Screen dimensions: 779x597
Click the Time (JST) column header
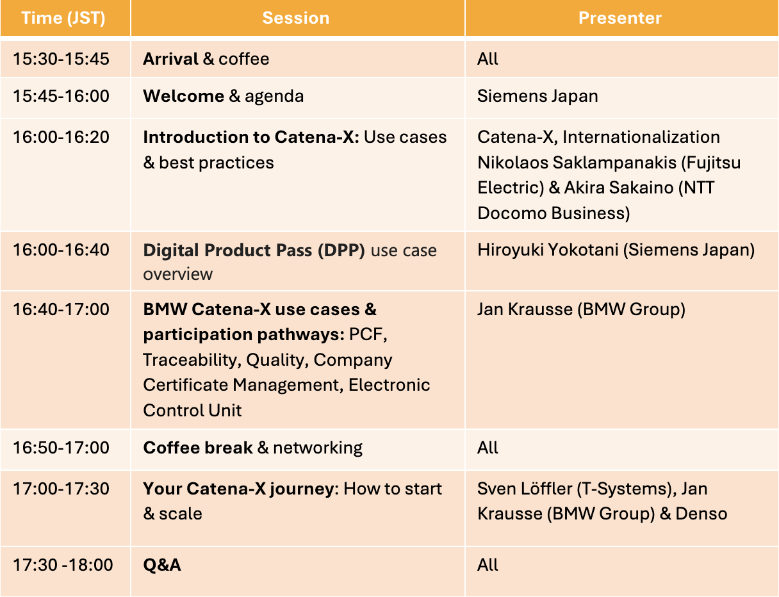[63, 18]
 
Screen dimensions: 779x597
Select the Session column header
[296, 18]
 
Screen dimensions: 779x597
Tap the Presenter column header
[620, 18]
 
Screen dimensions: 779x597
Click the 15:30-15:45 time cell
[61, 59]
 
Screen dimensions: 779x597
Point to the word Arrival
[170, 59]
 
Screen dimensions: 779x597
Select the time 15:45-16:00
[61, 96]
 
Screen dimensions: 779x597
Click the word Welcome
[184, 96]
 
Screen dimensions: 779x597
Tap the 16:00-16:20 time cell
[61, 137]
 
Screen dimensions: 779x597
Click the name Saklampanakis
[614, 163]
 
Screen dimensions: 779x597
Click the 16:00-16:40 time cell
[61, 250]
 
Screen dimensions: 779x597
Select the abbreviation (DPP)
[341, 250]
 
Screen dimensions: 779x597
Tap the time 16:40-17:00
[61, 309]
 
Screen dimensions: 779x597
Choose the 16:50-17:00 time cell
[61, 448]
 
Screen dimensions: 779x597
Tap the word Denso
[701, 514]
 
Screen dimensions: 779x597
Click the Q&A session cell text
[162, 565]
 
